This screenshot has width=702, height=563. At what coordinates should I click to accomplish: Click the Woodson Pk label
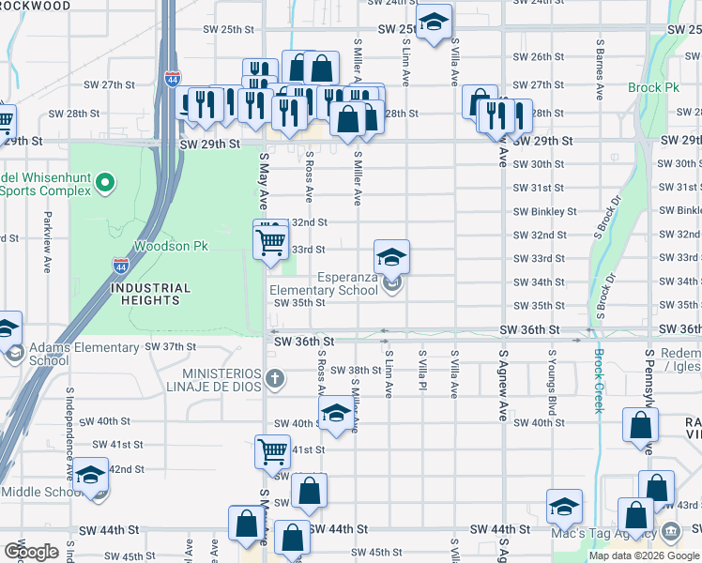[x=170, y=246]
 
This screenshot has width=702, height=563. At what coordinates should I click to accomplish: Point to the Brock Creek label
[x=598, y=381]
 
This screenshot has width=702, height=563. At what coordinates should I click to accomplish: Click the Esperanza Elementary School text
[x=323, y=283]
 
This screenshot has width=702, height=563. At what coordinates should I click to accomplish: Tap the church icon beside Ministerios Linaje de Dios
[x=273, y=379]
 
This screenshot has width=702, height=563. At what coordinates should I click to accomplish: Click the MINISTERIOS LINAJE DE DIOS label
[x=219, y=380]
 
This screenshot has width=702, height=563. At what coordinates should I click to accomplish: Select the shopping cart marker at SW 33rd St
[x=270, y=241]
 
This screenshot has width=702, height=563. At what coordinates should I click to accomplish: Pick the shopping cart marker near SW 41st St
[x=272, y=451]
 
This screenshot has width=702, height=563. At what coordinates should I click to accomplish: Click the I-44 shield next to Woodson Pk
[x=121, y=266]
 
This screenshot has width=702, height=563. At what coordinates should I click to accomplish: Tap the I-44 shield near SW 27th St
[x=173, y=80]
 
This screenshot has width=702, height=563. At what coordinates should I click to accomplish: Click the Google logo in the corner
[x=31, y=551]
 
